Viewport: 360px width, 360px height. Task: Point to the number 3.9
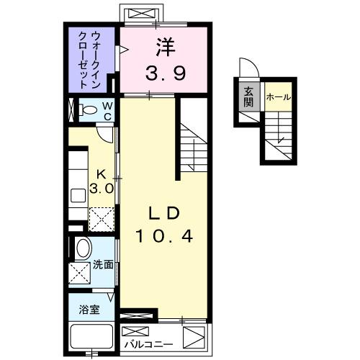(x=165, y=72)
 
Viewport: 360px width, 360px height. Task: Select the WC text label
(x=107, y=111)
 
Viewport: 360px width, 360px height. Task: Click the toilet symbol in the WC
(x=89, y=112)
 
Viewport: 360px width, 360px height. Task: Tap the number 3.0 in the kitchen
(x=102, y=189)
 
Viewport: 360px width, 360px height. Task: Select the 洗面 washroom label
(x=103, y=264)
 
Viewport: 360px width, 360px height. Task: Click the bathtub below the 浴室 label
(x=89, y=336)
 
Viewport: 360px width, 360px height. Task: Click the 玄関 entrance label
(x=248, y=96)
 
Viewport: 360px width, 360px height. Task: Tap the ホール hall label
(x=278, y=96)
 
